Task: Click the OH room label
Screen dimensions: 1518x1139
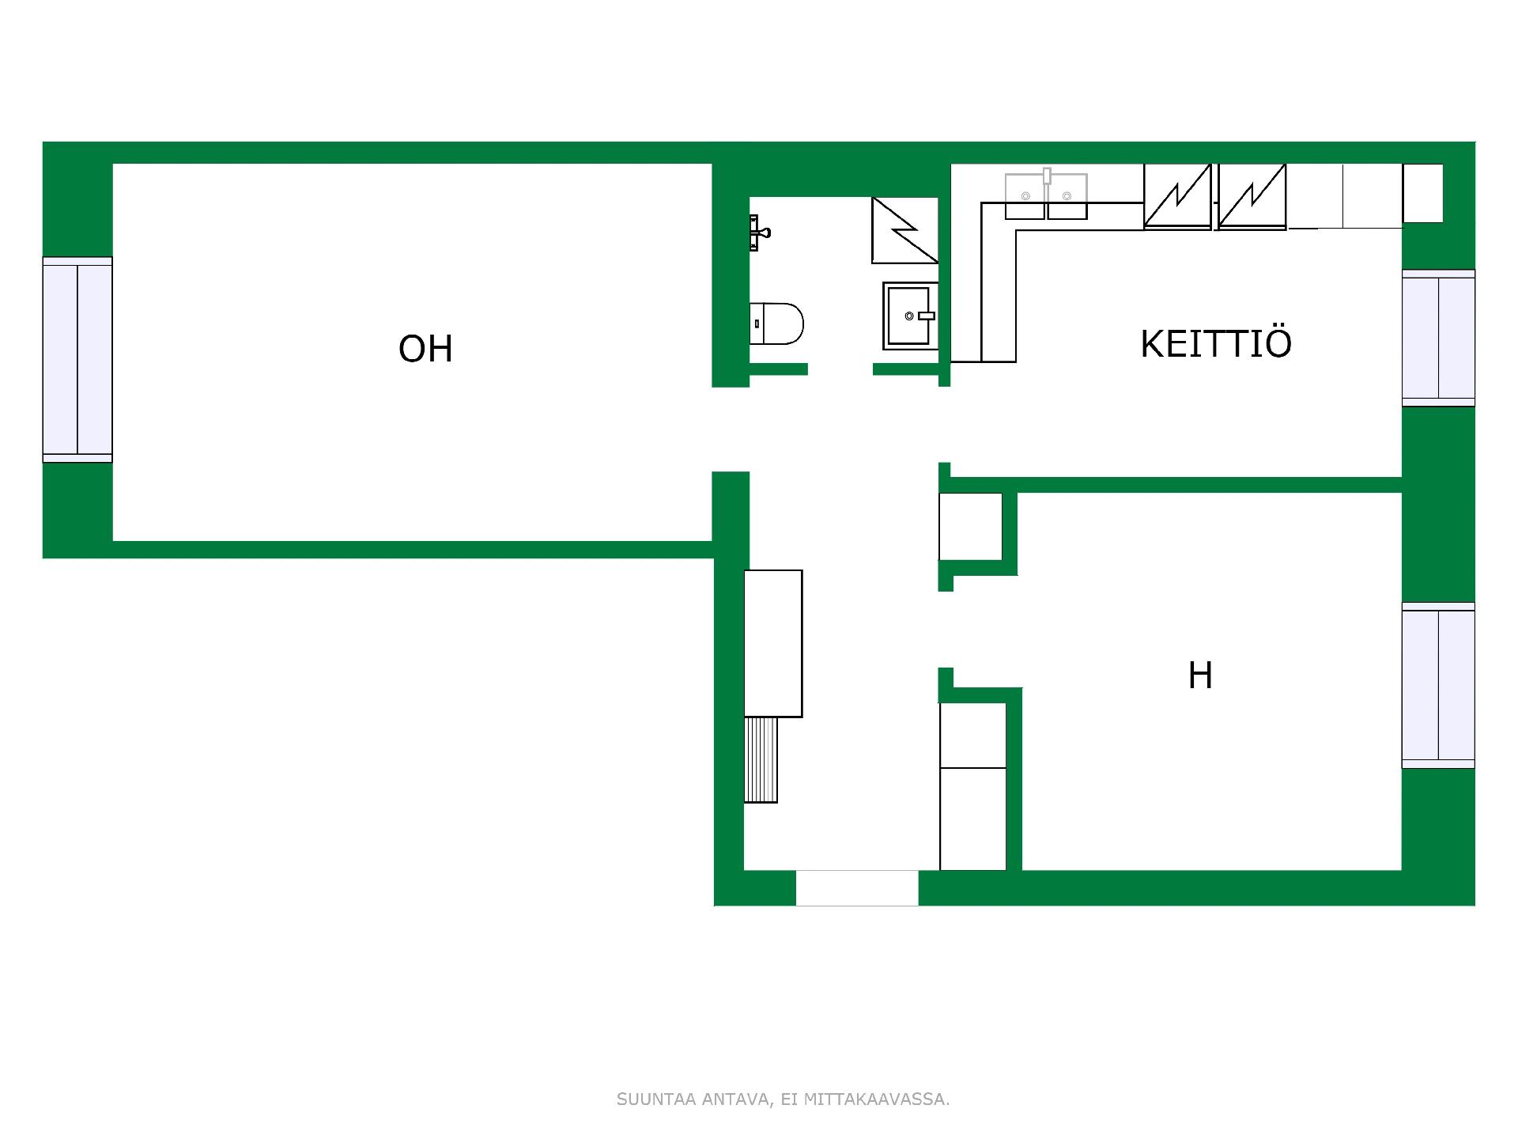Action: (425, 349)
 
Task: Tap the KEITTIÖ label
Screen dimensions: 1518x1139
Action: (1216, 343)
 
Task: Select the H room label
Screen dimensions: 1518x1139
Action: (1200, 675)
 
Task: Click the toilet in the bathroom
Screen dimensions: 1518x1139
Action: (776, 324)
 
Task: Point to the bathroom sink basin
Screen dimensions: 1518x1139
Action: (910, 316)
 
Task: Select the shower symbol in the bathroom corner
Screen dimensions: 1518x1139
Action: (904, 230)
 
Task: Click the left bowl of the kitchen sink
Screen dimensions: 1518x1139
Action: (1025, 196)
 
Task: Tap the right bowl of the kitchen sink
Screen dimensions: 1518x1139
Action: (1067, 196)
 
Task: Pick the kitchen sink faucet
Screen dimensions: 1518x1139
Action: (1047, 176)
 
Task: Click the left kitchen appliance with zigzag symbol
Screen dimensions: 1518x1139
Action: (1177, 196)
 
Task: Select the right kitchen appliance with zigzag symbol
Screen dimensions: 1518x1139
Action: (1252, 196)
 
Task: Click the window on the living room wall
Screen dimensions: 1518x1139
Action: (77, 360)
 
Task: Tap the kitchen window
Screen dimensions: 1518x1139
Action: (1438, 338)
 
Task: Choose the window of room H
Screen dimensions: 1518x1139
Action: (1438, 685)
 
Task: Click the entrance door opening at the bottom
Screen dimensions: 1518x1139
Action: (857, 888)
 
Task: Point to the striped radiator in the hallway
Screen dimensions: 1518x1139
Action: (761, 760)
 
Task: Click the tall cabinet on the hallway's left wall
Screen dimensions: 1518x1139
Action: (773, 644)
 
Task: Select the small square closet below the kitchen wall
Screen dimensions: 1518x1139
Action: (971, 527)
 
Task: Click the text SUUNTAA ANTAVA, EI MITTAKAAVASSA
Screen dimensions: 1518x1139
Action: (783, 1099)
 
